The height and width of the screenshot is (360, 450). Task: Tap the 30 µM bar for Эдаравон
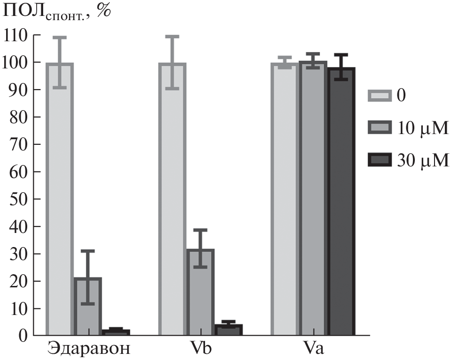point(116,332)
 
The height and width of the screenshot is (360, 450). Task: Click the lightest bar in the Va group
point(284,199)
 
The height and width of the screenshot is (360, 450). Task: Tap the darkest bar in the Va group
point(341,202)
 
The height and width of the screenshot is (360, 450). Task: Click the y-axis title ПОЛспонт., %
point(57,12)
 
